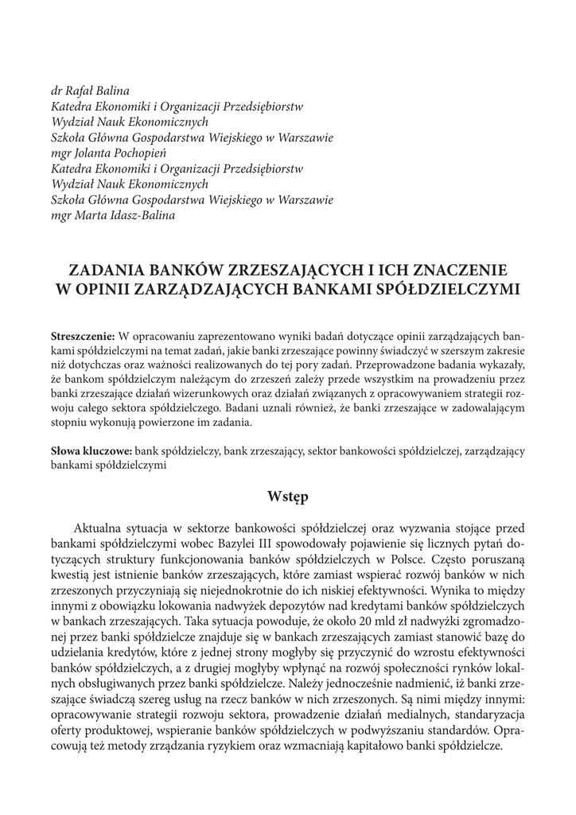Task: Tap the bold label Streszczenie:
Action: [x=83, y=334]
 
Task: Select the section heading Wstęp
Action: [x=287, y=497]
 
